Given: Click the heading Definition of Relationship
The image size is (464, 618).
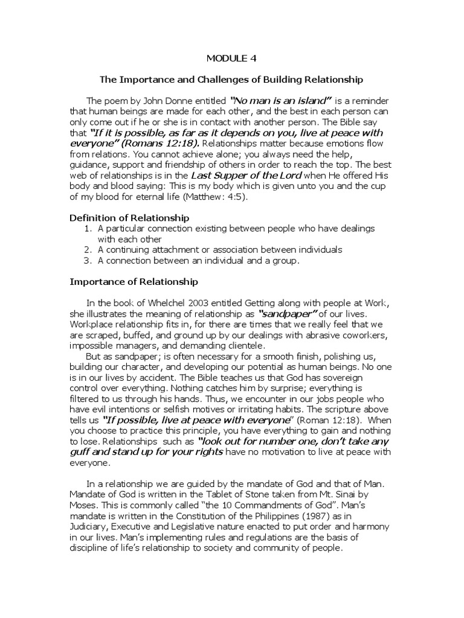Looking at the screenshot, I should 130,217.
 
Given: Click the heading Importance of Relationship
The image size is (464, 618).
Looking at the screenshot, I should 134,281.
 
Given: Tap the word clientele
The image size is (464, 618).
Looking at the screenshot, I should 243,346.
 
